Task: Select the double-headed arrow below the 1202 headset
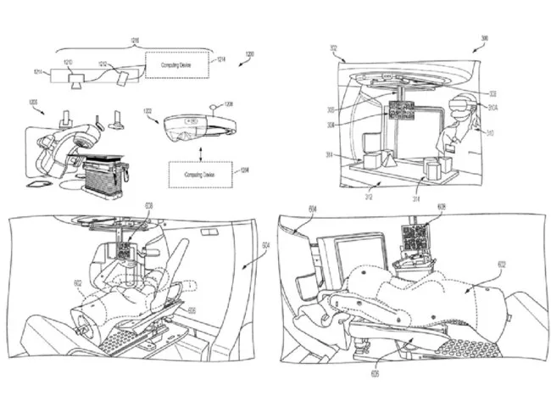(200, 149)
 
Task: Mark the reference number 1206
(226, 104)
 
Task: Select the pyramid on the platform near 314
(385, 159)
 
